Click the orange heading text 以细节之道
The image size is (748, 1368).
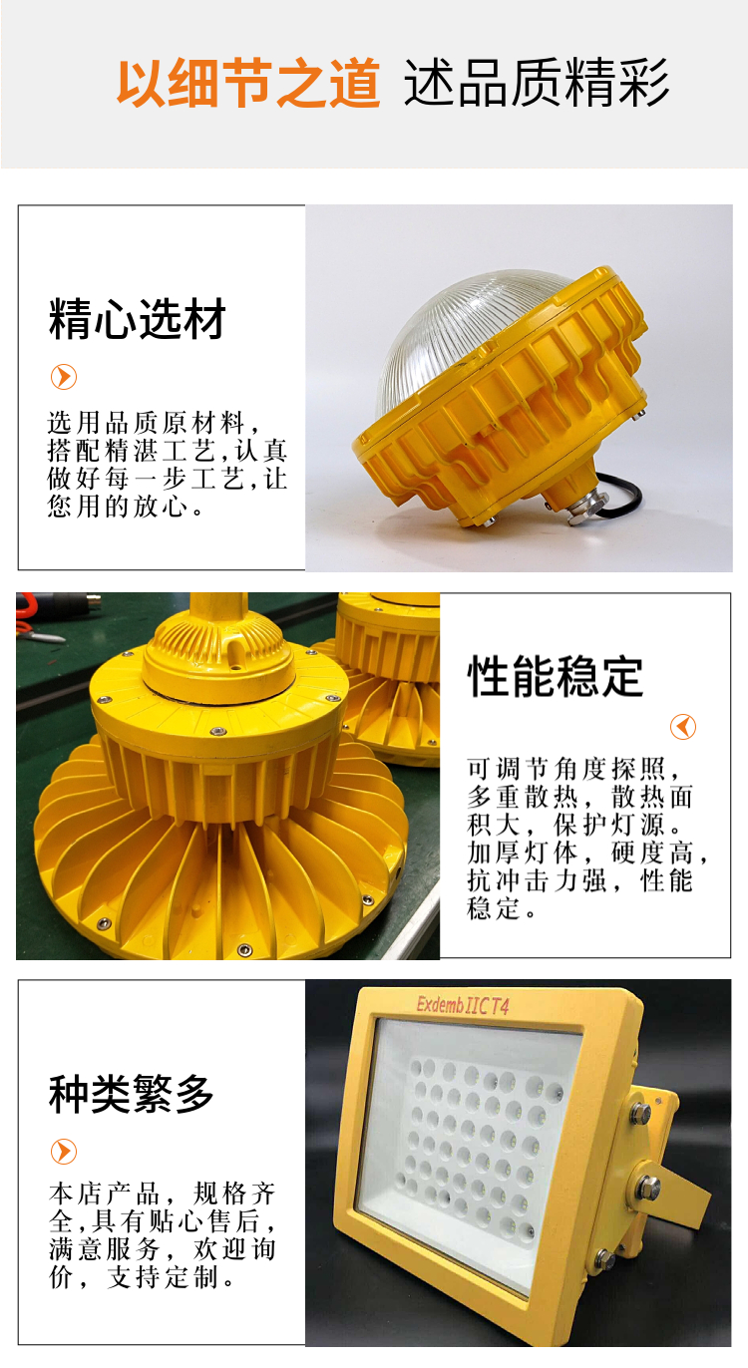[248, 83]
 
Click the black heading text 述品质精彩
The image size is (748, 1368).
[536, 83]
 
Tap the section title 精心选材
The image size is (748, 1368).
[138, 319]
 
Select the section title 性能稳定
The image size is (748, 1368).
[556, 676]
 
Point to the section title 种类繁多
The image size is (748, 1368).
[131, 1093]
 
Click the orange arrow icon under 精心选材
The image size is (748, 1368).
[64, 377]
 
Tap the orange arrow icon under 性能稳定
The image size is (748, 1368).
[682, 727]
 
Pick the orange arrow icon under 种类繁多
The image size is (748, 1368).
[64, 1152]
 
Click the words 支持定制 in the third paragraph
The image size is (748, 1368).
[163, 1277]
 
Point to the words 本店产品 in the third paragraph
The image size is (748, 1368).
[104, 1194]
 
